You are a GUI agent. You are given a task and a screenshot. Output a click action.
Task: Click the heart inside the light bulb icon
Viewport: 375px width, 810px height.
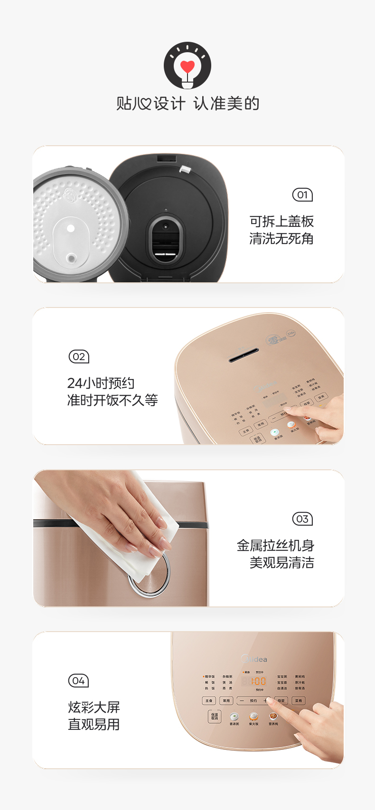[187, 66]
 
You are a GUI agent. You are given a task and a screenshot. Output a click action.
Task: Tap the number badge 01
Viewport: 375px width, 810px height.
[302, 195]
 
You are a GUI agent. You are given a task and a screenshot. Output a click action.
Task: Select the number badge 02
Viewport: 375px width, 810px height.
[79, 357]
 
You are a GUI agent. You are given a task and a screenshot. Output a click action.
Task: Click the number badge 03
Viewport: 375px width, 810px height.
[302, 519]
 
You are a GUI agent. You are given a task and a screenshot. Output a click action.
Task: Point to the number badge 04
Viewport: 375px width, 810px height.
[78, 681]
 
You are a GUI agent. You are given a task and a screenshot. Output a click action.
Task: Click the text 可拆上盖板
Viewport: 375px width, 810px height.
[281, 221]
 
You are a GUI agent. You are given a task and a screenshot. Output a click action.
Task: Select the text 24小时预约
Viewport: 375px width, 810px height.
[101, 383]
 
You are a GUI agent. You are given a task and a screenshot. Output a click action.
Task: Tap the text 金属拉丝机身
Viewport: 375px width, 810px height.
[275, 545]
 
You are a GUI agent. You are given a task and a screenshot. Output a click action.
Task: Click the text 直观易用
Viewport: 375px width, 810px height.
[94, 725]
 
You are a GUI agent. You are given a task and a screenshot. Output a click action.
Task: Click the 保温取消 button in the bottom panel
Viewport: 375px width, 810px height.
[215, 716]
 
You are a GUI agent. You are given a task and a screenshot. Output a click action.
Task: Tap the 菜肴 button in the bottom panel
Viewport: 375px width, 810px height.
[299, 700]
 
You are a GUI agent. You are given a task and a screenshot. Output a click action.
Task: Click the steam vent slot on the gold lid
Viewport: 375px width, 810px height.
[244, 355]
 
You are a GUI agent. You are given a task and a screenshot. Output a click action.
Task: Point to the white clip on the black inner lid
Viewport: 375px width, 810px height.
[185, 169]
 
